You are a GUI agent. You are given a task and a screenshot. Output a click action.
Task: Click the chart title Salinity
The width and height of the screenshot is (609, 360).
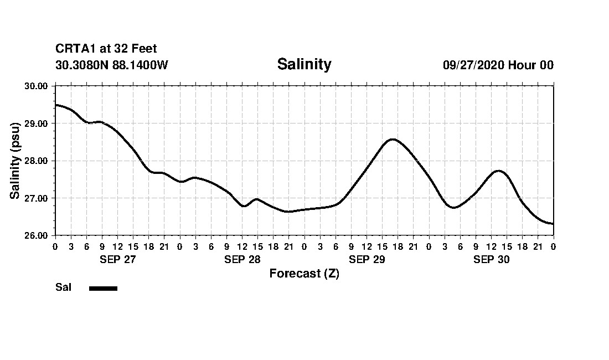tap(304, 64)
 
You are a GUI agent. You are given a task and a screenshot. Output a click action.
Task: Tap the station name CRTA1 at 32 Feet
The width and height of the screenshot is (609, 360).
tap(106, 49)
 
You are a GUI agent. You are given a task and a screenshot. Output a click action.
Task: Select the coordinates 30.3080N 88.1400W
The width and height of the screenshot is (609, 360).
tap(112, 65)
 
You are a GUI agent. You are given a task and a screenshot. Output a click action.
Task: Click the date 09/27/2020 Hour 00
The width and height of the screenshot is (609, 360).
tap(498, 65)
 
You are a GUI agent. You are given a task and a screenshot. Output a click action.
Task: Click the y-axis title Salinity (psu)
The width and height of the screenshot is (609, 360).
tap(15, 161)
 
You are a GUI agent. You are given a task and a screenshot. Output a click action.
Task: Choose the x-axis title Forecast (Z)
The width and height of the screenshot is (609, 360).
tap(304, 274)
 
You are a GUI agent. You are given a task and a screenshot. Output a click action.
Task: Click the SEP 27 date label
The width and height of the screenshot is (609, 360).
tap(117, 259)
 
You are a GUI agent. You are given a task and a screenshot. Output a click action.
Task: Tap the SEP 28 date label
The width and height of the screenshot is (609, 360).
tap(242, 259)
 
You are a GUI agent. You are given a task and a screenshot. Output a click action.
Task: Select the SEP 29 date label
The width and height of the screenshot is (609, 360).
tap(367, 259)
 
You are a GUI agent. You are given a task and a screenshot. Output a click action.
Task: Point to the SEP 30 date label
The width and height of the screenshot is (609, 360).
tap(491, 259)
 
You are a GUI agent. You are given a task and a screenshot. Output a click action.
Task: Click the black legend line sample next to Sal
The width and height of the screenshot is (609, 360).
tap(103, 288)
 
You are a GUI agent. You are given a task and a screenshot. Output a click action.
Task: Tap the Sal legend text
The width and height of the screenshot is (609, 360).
tap(63, 287)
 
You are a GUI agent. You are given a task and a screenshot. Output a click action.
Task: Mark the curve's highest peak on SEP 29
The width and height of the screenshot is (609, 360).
tap(392, 139)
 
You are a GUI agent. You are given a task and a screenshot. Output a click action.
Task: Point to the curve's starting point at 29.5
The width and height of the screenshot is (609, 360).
tap(55, 105)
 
